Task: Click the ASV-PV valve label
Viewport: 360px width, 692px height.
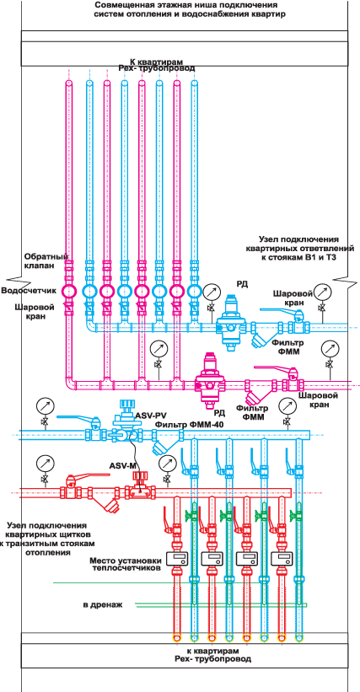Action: click(148, 416)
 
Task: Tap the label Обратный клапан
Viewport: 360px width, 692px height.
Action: click(39, 260)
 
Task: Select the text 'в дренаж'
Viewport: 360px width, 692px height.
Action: click(102, 604)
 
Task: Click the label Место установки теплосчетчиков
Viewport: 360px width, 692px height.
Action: click(125, 565)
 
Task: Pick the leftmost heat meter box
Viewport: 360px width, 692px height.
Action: click(176, 559)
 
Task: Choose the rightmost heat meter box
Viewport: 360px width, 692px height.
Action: click(282, 559)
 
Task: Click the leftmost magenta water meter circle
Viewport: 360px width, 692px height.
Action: click(69, 291)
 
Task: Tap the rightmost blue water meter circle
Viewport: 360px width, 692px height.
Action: click(194, 291)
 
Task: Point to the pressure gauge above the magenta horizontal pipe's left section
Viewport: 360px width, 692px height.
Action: click(157, 349)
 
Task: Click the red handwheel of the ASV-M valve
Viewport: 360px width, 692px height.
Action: click(141, 475)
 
